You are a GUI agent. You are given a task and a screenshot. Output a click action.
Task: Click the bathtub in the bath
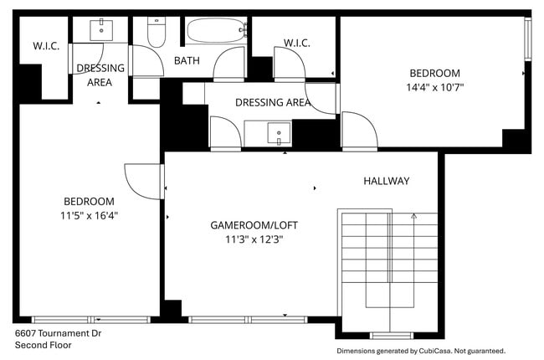217,32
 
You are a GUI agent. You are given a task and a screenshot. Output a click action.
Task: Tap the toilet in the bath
157,31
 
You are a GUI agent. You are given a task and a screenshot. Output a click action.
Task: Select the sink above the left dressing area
103,29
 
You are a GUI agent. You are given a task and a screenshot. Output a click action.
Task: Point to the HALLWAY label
386,181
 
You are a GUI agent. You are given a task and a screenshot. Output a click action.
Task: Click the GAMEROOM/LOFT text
254,225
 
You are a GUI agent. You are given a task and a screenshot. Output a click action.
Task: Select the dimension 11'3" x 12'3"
254,239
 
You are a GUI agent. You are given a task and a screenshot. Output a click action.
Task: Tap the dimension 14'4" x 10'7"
434,86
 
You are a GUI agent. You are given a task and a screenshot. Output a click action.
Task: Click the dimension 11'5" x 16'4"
90,215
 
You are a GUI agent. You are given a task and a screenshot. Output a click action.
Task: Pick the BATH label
187,61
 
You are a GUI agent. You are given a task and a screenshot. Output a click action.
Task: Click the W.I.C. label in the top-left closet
46,46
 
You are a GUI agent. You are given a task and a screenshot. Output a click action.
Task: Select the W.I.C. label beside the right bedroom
297,43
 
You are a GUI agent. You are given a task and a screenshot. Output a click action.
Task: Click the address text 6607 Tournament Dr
58,332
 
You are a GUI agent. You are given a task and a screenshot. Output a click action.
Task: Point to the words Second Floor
42,344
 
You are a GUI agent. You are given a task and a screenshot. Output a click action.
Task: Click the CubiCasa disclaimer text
420,351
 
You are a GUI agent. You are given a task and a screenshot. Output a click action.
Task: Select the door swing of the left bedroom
142,180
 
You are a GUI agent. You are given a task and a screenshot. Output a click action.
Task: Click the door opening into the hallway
356,130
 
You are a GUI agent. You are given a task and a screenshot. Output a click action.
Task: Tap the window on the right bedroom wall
527,38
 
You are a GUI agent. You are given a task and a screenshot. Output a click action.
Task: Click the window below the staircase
391,336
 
